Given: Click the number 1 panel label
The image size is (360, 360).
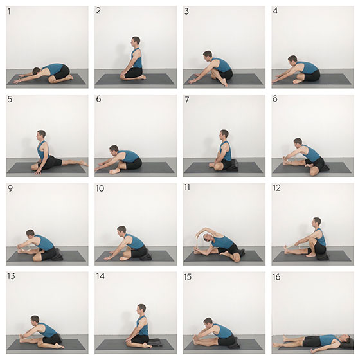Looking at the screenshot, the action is (x=9, y=12).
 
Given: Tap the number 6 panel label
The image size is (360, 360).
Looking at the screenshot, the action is (x=98, y=99).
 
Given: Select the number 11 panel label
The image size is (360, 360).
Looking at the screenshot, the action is (x=187, y=187).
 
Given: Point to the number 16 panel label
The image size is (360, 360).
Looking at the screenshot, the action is (x=276, y=277).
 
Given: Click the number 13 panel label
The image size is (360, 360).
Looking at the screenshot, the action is (x=11, y=276).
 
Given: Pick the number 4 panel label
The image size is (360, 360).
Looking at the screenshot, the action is (x=275, y=11).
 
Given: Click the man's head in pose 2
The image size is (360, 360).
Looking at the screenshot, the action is (x=136, y=42).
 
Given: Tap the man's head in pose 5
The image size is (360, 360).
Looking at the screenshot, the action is (x=41, y=135).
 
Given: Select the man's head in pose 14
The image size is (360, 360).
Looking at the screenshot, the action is (x=141, y=309).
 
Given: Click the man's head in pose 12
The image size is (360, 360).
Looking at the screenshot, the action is (x=316, y=222).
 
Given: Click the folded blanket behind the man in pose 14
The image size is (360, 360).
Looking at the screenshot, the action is (x=155, y=342).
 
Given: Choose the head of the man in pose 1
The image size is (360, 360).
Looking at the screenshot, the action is (x=37, y=71).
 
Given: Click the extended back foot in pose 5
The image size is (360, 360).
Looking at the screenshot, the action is (x=82, y=163).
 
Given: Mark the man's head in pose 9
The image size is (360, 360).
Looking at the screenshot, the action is (x=30, y=234).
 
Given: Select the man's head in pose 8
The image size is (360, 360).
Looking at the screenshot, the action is (x=298, y=143).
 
